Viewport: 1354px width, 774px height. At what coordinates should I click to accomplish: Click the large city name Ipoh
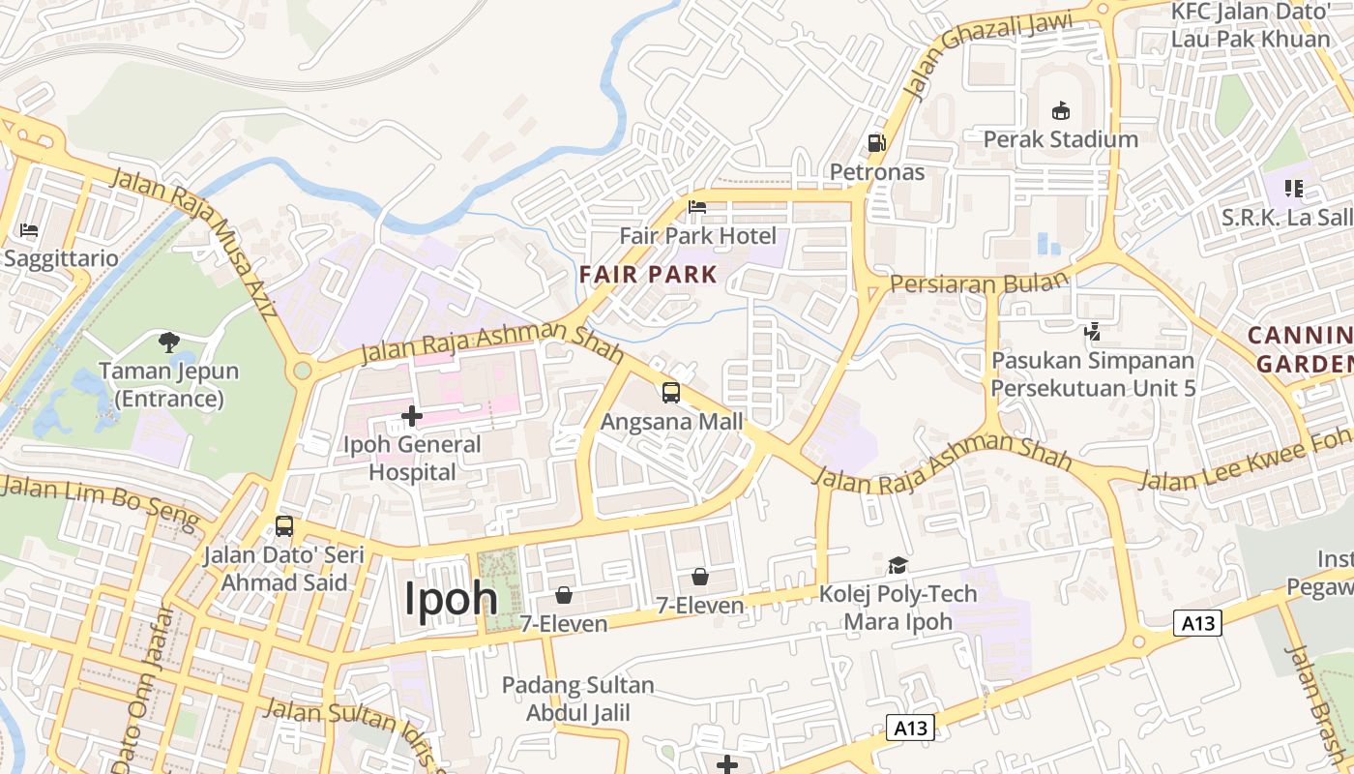point(451,599)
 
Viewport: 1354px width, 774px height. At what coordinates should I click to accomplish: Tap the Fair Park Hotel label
point(697,236)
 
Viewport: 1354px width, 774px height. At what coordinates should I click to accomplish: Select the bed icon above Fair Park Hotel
point(696,206)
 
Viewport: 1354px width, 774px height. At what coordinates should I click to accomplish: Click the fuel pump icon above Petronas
point(876,143)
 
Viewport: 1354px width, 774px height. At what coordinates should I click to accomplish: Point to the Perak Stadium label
point(1060,139)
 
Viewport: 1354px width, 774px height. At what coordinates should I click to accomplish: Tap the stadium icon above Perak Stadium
point(1060,110)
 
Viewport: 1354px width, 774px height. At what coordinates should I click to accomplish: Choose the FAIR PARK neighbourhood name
point(649,274)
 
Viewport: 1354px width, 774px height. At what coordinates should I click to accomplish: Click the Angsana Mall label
point(672,422)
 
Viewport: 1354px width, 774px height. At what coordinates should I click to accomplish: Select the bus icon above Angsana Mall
point(671,393)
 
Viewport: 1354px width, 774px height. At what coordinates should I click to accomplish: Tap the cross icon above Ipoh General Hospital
point(412,416)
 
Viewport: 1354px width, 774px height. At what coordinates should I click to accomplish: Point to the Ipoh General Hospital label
point(413,459)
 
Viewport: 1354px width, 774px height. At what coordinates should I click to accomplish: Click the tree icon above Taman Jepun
point(169,342)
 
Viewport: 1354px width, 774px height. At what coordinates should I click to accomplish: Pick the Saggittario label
point(60,259)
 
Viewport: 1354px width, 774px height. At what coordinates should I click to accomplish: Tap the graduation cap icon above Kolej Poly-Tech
point(898,565)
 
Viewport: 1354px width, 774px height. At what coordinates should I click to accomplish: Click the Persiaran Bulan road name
point(979,283)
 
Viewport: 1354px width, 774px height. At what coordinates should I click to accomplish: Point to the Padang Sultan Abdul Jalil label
point(577,700)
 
